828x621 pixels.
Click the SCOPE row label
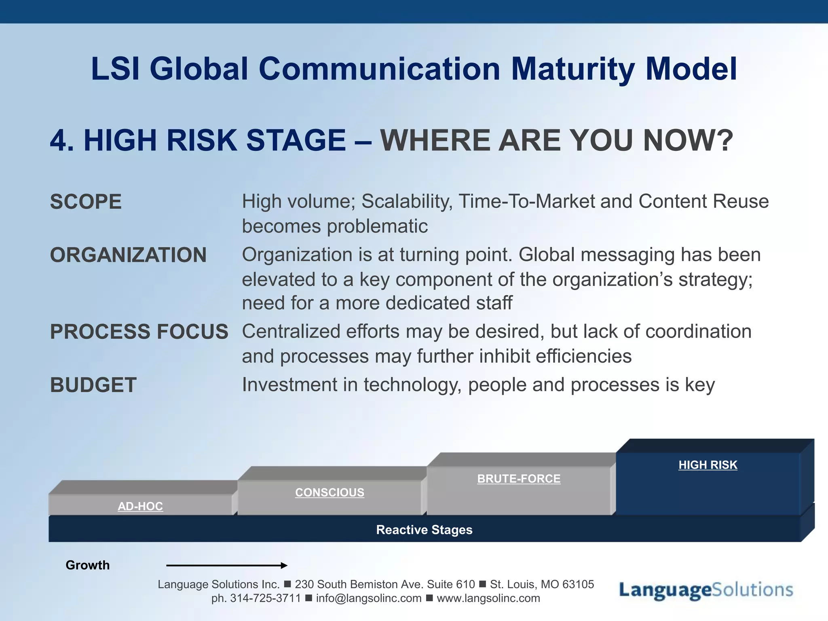pos(86,202)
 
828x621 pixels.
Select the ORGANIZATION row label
pos(128,255)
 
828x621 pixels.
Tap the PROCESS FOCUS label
pos(139,332)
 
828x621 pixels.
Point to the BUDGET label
pos(93,385)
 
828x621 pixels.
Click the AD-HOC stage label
pos(140,506)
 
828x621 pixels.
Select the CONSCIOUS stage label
pos(330,492)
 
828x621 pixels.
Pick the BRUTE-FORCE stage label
pos(519,479)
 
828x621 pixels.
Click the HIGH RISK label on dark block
pos(708,465)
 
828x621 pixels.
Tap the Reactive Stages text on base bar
pos(424,530)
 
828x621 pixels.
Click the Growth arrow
pos(226,565)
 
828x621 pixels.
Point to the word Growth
pos(87,565)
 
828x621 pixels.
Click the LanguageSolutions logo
pos(706,590)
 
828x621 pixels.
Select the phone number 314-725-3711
pos(266,598)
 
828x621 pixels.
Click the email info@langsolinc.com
pos(369,598)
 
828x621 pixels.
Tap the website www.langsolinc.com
pos(488,598)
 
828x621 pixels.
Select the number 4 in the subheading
pos(59,140)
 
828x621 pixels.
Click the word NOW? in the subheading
pos(688,140)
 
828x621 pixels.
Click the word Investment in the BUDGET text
pos(289,384)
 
